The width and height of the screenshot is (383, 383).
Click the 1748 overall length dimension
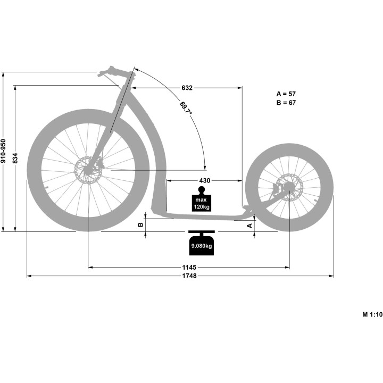pos(189,276)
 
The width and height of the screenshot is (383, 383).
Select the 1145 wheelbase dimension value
pos(189,267)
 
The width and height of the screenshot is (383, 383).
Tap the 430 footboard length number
pos(204,180)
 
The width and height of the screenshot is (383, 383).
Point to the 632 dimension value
pos(187,88)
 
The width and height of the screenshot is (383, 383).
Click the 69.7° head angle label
pos(186,108)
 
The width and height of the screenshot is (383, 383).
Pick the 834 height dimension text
pos(15,158)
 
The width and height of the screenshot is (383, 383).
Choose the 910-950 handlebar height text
pos(3,151)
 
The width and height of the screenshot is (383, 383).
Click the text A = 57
pos(286,94)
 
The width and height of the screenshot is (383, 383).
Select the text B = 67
pos(286,103)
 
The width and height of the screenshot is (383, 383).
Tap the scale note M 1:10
pos(372,314)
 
